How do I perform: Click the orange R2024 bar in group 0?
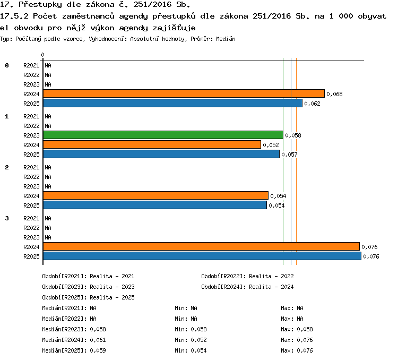pyautogui.click(x=184, y=93)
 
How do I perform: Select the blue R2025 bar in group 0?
pyautogui.click(x=172, y=103)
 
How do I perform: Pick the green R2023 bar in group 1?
pyautogui.click(x=163, y=135)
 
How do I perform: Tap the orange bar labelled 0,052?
pyautogui.click(x=152, y=144)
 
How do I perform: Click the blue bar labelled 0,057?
pyautogui.click(x=161, y=154)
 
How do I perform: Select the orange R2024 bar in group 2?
pyautogui.click(x=155, y=195)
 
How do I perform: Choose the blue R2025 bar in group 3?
pyautogui.click(x=202, y=256)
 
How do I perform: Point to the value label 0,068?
pyautogui.click(x=334, y=95)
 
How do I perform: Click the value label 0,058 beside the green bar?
pyautogui.click(x=293, y=136)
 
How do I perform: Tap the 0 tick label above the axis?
pyautogui.click(x=42, y=55)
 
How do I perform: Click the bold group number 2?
pyautogui.click(x=7, y=167)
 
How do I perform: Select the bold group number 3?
pyautogui.click(x=7, y=218)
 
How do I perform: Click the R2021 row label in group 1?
pyautogui.click(x=31, y=116)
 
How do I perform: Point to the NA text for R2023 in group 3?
pyautogui.click(x=48, y=237)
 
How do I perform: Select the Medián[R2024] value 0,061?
pyautogui.click(x=98, y=340)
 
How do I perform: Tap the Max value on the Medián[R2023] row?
pyautogui.click(x=305, y=329)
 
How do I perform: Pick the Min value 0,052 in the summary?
pyautogui.click(x=199, y=340)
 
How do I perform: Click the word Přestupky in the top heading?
pyautogui.click(x=40, y=5)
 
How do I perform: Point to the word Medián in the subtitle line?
pyautogui.click(x=226, y=39)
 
